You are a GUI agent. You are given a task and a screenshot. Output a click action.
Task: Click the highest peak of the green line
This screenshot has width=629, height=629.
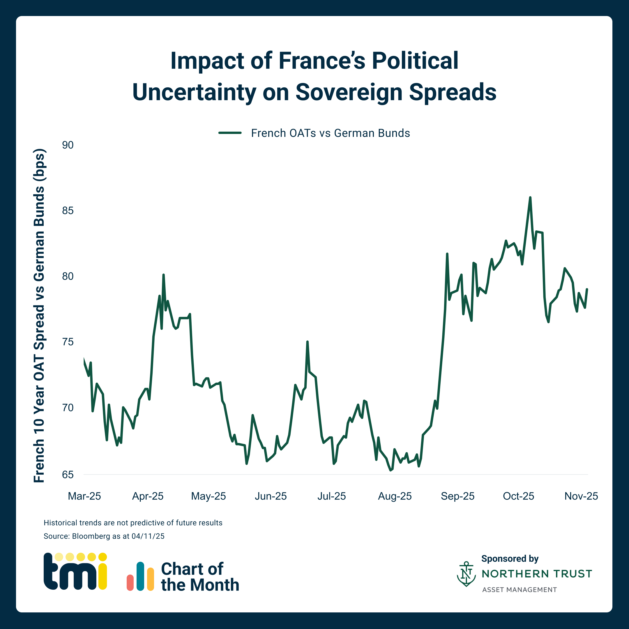coord(530,198)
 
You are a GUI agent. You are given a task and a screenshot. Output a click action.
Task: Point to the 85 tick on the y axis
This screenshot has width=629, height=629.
coord(68,211)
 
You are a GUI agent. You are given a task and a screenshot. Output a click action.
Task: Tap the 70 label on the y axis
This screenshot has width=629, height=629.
coord(68,408)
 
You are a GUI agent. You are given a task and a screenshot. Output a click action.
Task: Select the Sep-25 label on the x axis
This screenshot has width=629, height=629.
coord(457,496)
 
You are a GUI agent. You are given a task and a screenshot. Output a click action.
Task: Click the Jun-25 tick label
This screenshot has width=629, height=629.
coord(271,496)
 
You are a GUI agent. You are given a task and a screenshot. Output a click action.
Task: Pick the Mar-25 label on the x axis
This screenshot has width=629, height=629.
coord(84,496)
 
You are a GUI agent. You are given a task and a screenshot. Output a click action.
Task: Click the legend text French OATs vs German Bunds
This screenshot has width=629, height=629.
coord(330,133)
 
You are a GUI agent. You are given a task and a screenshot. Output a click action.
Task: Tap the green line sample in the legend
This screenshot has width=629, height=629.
coord(230,133)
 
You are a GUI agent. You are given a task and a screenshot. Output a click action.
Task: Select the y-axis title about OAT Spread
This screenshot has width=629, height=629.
coord(39,316)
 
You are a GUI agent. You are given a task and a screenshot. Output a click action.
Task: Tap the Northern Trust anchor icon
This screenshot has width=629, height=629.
coord(466,574)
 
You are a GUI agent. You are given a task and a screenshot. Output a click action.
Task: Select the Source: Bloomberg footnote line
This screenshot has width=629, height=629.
coord(104,536)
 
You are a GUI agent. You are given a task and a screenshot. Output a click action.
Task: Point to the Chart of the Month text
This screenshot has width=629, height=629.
coord(199,577)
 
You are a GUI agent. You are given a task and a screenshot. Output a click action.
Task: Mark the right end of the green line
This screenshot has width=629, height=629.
coord(587,289)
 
